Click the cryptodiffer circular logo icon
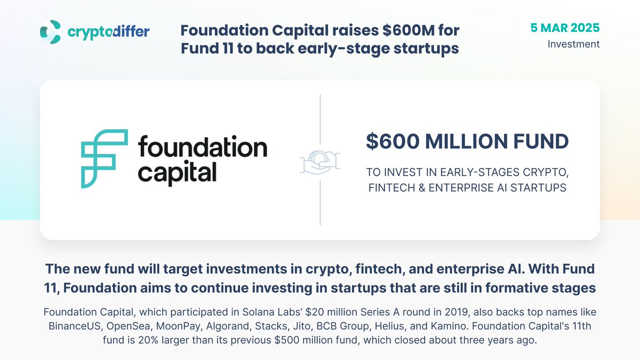coord(51,31)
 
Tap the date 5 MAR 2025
coord(565,28)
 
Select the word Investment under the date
coord(573,44)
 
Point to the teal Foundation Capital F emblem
coord(105,158)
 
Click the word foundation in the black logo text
coord(203,146)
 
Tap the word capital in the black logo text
coord(177,173)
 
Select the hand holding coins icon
coord(320,162)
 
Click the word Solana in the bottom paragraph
coord(257,312)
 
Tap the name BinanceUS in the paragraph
coord(75,326)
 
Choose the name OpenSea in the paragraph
coord(129,326)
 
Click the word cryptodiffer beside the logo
coord(109,31)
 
